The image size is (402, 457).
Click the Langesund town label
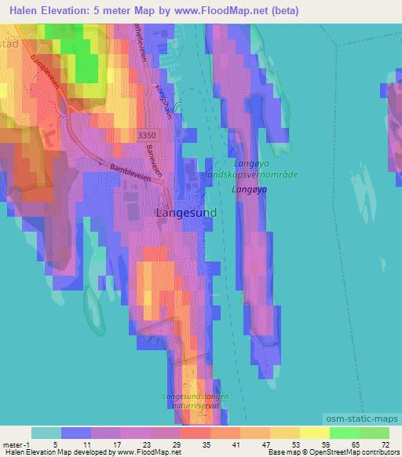[187, 213]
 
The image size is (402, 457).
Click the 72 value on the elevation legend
[385, 444]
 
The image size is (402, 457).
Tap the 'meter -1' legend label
[15, 444]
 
